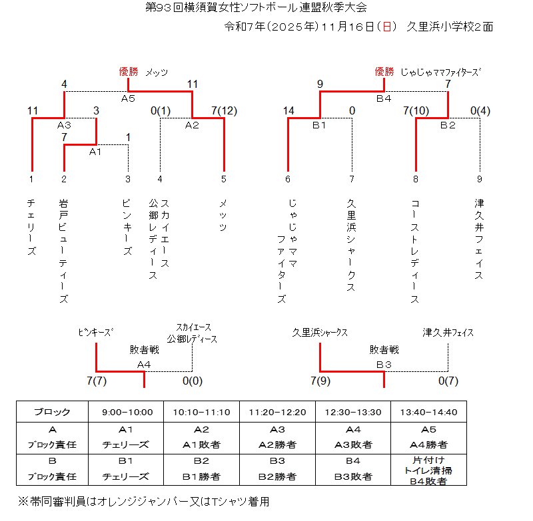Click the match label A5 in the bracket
(x=128, y=98)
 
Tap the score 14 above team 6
(x=288, y=111)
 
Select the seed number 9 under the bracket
(x=479, y=178)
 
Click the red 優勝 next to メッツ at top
(x=128, y=72)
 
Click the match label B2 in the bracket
(x=448, y=125)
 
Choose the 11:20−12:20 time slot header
(x=277, y=412)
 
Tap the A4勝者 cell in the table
(x=428, y=444)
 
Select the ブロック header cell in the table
(x=52, y=412)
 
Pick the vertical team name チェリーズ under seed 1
(x=31, y=226)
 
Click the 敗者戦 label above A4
(x=144, y=349)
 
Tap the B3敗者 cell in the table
(x=353, y=476)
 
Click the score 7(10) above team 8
(x=416, y=111)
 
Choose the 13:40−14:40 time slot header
(x=428, y=412)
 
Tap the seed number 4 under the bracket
(x=160, y=178)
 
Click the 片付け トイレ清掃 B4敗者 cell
(x=428, y=470)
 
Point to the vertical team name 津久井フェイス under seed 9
(x=479, y=240)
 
